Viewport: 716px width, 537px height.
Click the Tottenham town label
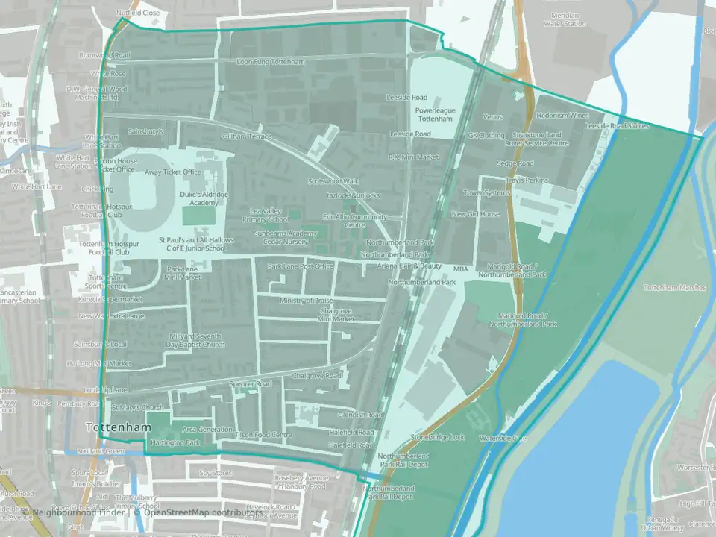click(x=118, y=427)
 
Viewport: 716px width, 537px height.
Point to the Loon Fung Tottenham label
click(x=269, y=62)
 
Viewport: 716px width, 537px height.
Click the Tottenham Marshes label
click(x=674, y=287)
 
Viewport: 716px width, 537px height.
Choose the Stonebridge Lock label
click(x=442, y=437)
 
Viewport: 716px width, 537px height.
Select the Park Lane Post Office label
click(x=301, y=266)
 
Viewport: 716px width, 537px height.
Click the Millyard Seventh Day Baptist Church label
click(x=196, y=341)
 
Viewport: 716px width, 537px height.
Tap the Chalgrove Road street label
click(x=318, y=375)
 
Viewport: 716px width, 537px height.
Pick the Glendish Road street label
click(x=359, y=415)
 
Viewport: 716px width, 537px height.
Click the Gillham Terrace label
click(x=248, y=136)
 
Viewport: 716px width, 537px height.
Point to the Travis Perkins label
click(x=527, y=180)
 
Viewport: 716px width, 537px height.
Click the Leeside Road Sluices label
click(x=618, y=127)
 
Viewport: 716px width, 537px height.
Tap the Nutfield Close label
click(x=138, y=13)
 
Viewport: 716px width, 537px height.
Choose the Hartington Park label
click(x=176, y=442)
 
